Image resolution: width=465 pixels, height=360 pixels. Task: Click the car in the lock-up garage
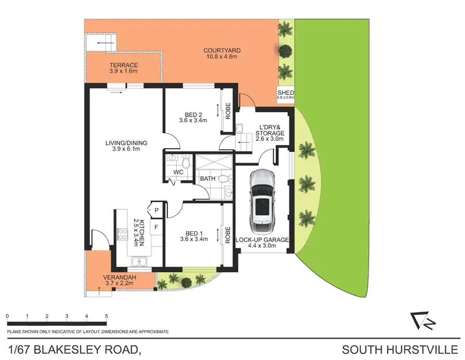pos(261,200)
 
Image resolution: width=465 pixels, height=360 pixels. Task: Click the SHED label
pos(286,93)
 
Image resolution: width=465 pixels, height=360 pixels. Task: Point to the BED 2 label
pos(194,114)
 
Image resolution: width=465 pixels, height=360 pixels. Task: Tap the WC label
pos(177,172)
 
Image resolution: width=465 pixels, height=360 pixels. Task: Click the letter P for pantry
pos(156,211)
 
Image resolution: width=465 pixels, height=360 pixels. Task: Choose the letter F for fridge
pos(156,227)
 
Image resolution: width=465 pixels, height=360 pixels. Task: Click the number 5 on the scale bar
pos(107,317)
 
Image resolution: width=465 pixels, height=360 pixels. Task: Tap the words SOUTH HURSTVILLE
pos(403,350)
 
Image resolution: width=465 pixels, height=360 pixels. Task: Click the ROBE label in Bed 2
pos(228,111)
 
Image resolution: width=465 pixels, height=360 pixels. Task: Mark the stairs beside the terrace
pos(102,42)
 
